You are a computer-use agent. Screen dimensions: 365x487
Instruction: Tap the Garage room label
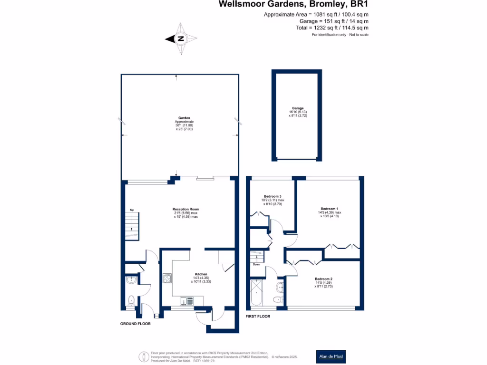point(298,108)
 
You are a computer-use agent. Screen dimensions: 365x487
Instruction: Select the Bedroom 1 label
point(330,209)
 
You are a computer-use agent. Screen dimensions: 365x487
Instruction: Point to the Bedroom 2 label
point(323,279)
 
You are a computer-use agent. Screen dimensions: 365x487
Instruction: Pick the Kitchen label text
point(201,275)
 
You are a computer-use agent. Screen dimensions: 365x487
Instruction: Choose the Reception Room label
point(185,209)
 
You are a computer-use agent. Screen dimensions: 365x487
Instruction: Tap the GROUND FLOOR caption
point(135,324)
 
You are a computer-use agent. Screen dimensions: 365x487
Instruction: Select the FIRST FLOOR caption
point(258,316)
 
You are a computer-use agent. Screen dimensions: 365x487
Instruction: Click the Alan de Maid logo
point(331,356)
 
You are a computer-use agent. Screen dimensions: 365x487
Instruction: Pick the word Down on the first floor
point(257,264)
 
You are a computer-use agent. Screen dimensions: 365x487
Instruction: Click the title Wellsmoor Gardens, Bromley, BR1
point(293,4)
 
